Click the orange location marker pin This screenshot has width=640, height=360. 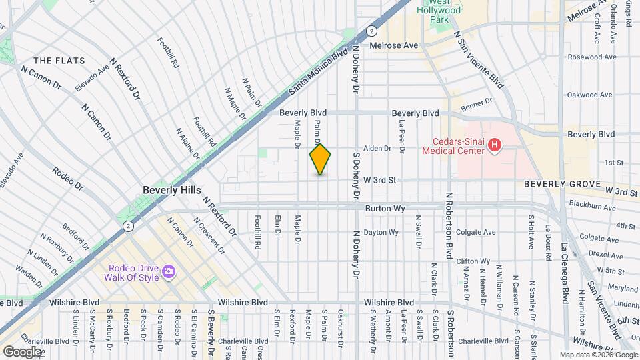[x=321, y=159]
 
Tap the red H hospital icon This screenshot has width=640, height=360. [x=494, y=145]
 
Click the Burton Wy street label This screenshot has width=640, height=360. [x=385, y=209]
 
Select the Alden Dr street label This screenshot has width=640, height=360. [x=376, y=149]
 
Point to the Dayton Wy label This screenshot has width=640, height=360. [x=381, y=233]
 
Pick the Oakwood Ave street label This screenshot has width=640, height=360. [x=589, y=95]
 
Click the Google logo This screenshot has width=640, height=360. [x=21, y=351]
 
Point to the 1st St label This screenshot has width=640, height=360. [x=613, y=163]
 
